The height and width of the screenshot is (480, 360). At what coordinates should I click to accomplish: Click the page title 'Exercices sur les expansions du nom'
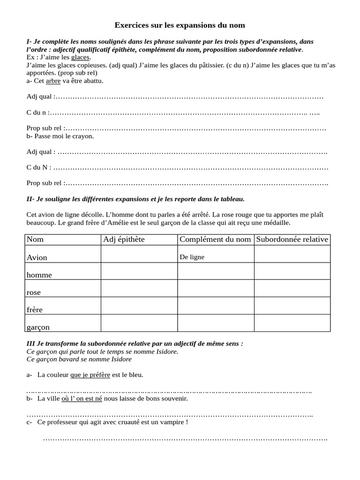pos(180,24)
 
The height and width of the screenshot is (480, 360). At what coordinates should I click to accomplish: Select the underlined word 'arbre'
pos(53,81)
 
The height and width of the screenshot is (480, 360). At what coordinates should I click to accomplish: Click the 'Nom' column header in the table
pos(35,240)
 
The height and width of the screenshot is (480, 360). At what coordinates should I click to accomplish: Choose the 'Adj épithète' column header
pos(124,240)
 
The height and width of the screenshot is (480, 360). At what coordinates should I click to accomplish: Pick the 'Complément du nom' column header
pos(215,240)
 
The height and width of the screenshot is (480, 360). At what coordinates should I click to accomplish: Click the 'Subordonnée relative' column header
pos(292,240)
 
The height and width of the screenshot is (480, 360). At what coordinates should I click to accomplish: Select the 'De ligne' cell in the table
pos(192,257)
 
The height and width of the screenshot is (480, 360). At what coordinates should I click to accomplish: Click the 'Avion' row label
pos(37,257)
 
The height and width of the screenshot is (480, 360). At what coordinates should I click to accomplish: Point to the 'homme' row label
pos(39,275)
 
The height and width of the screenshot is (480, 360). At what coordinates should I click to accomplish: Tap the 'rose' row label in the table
pos(34,292)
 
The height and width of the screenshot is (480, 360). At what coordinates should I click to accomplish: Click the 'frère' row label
pos(35,310)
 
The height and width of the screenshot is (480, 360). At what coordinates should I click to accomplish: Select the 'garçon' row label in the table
pos(38,327)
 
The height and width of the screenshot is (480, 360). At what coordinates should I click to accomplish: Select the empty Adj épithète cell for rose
pos(139,288)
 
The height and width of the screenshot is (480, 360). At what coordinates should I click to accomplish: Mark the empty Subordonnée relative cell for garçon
pos(292,323)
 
